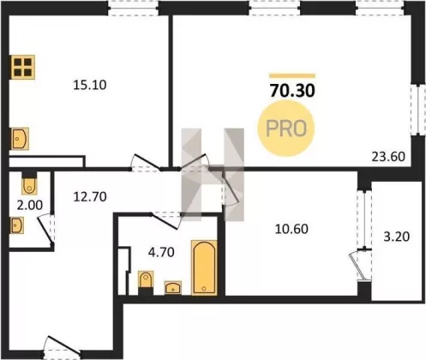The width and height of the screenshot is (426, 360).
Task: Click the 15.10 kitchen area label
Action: pos(90,85)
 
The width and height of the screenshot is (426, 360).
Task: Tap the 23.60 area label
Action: pos(388,157)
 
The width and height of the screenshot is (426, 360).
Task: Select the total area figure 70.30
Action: pos(292,91)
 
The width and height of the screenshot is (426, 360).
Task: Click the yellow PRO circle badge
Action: pos(286,129)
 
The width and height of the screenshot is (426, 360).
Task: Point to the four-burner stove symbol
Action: pos(23,67)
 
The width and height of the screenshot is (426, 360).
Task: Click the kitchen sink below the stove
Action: pos(20,139)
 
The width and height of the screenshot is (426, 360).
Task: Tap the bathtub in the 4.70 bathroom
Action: pos(204,267)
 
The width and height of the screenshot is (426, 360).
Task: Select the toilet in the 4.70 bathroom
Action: pos(146,280)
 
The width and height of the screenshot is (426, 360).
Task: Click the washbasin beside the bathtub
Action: pos(173,288)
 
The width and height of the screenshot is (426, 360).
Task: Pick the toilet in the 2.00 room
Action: pos(29,185)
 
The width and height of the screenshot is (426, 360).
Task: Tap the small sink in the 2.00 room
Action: pos(17,225)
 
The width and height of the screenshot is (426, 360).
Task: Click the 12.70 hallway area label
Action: pos(90,196)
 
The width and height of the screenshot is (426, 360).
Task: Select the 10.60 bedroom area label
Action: pos(291,229)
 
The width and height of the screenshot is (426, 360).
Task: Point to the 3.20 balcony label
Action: pos(397,237)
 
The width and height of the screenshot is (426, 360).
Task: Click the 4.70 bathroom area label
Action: pos(161,252)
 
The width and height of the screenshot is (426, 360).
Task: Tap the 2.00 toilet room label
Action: pos(30,205)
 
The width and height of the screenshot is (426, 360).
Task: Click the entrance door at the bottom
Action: pos(62,347)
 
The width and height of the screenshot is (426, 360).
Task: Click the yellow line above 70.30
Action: pos(292,76)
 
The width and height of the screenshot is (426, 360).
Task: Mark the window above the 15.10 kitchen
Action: pos(134,8)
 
